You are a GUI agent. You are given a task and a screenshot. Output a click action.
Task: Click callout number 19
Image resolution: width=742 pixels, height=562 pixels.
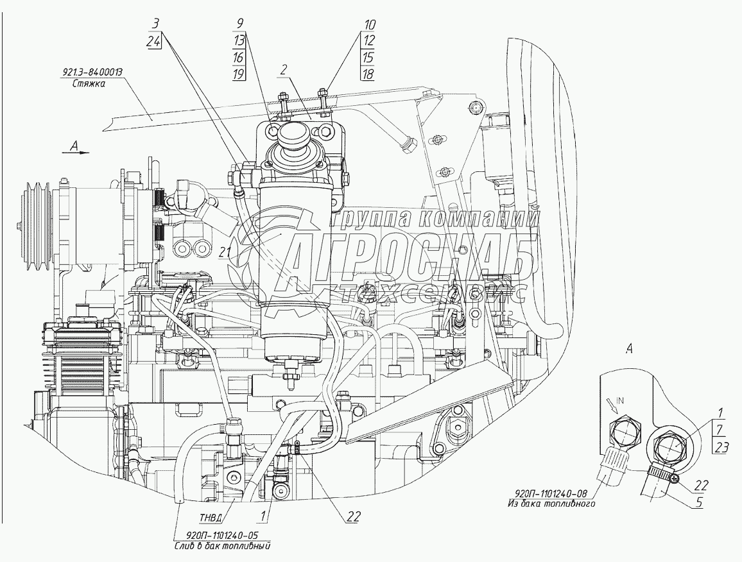(237, 74)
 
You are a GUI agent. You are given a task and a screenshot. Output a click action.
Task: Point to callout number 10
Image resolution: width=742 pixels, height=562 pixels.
(369, 25)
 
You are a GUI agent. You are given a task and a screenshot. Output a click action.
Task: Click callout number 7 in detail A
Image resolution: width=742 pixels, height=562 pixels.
(721, 430)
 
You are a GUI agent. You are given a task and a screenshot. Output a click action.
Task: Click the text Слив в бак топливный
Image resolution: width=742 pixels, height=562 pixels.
(221, 547)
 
